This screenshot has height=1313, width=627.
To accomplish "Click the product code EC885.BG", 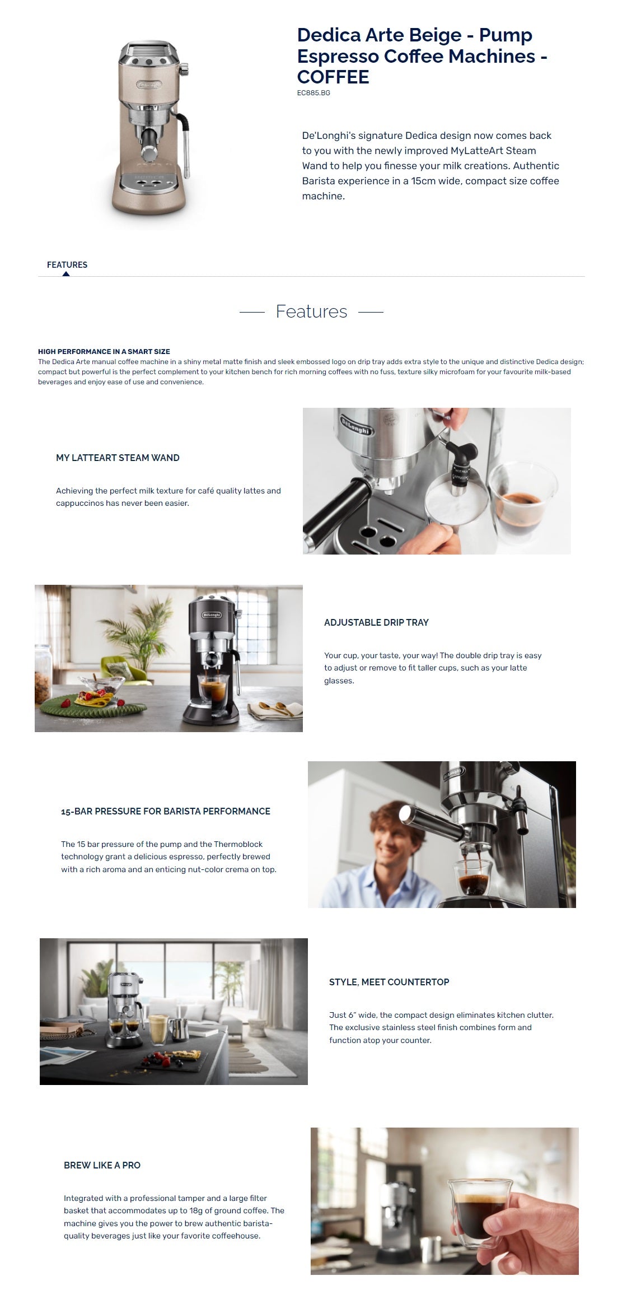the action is click(x=313, y=93).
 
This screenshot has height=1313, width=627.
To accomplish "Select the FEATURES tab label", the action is click(x=67, y=265).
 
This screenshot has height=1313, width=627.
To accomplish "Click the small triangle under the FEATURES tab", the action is click(x=66, y=274).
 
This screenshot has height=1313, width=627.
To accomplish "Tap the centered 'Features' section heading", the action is click(x=312, y=311).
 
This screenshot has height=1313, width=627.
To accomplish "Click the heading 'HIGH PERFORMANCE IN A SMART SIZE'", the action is click(x=104, y=352).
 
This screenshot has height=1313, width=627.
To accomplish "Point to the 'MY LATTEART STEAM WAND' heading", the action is click(x=118, y=458).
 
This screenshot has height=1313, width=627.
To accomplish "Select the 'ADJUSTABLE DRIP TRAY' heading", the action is click(x=376, y=622).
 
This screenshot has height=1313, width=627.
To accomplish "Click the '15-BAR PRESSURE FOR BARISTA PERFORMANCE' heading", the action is click(x=166, y=811).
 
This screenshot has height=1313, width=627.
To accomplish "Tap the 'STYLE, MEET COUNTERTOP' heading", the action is click(x=389, y=982).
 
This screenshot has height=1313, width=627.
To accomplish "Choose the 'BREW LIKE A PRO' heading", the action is click(x=102, y=1165).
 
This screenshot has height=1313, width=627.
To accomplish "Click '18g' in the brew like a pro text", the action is click(x=196, y=1211).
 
